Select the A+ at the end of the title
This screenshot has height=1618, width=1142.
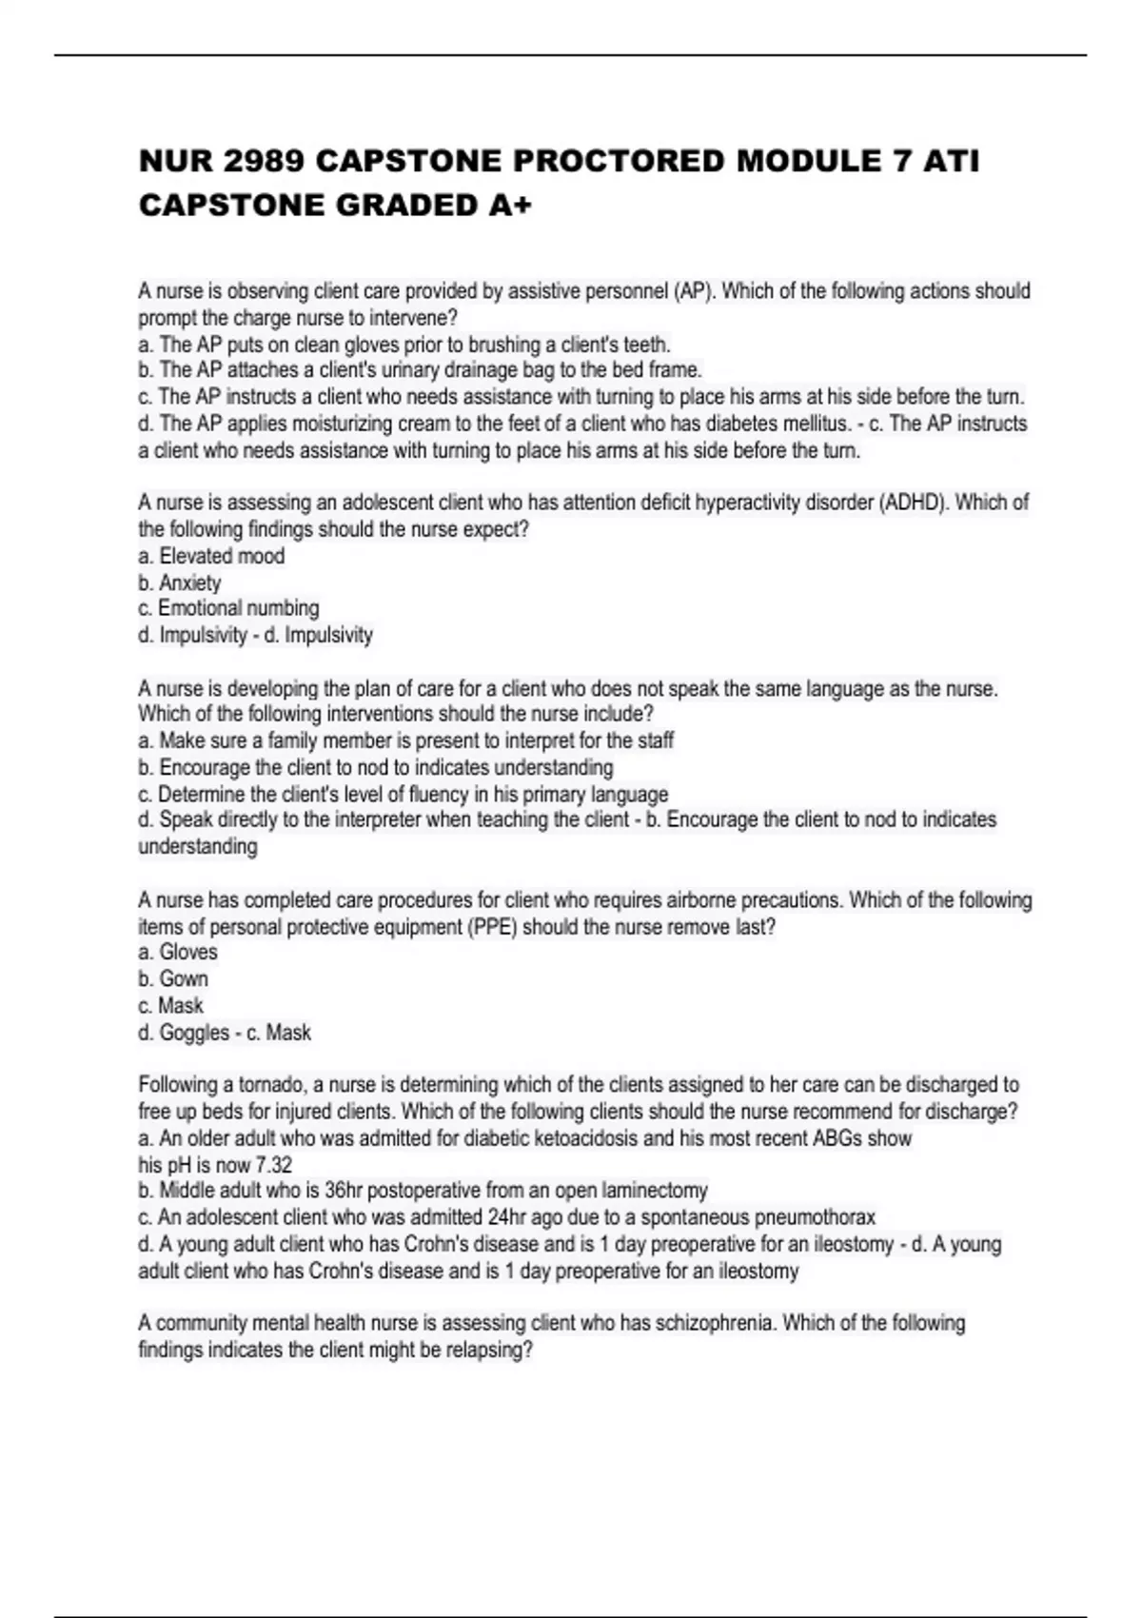tap(509, 205)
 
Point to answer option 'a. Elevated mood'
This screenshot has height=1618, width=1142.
tap(211, 556)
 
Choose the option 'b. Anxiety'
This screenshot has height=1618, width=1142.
tap(180, 582)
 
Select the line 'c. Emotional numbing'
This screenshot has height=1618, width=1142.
tap(228, 608)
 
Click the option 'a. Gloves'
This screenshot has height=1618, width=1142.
tap(178, 952)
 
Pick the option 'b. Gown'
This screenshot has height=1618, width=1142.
tap(173, 978)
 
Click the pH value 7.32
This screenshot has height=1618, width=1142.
tap(274, 1165)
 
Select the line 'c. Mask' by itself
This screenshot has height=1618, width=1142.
tap(170, 1006)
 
